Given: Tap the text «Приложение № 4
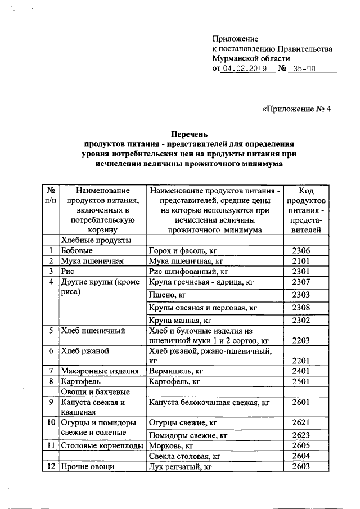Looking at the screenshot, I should [x=297, y=109].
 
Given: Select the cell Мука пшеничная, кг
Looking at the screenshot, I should [x=185, y=261].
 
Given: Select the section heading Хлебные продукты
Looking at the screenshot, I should [x=96, y=240].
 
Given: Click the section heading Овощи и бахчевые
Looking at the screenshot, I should [x=95, y=391].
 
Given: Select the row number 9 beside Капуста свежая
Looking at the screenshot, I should [x=51, y=402].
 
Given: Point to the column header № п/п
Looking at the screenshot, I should [x=51, y=196].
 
